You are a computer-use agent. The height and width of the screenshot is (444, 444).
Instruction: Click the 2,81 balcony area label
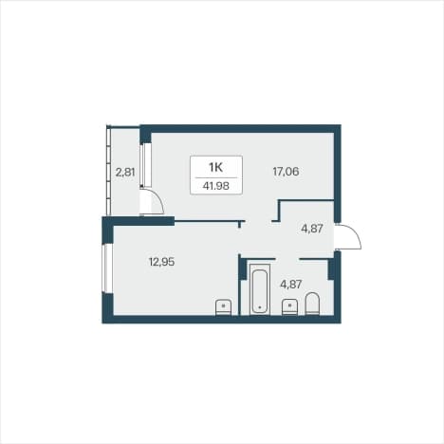pyautogui.click(x=125, y=173)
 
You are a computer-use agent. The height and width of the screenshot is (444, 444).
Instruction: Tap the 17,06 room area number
pyautogui.click(x=286, y=172)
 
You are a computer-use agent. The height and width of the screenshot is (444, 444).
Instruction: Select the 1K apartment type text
pyautogui.click(x=216, y=167)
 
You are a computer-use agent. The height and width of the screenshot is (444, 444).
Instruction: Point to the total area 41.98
pyautogui.click(x=216, y=186)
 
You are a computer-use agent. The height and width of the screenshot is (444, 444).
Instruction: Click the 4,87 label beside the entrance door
pyautogui.click(x=312, y=229)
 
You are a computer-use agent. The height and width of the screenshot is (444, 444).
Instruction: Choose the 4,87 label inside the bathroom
pyautogui.click(x=291, y=284)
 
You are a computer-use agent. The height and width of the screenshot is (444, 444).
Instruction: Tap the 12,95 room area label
pyautogui.click(x=161, y=262)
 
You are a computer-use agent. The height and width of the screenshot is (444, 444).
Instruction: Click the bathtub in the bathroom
pyautogui.click(x=260, y=289)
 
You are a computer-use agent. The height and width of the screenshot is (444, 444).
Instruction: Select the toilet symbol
pyautogui.click(x=313, y=304)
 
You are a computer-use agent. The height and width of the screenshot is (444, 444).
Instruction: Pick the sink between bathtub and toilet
pyautogui.click(x=289, y=307)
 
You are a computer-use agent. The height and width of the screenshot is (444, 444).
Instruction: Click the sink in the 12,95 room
pyautogui.click(x=223, y=307)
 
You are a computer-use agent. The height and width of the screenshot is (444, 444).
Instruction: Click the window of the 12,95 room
pyautogui.click(x=106, y=268)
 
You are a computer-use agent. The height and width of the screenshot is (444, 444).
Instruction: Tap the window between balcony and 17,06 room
pyautogui.click(x=146, y=165)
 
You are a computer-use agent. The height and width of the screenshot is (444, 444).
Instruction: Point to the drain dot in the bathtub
pyautogui.click(x=260, y=307)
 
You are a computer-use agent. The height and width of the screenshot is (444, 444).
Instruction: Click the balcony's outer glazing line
pyautogui.click(x=108, y=170)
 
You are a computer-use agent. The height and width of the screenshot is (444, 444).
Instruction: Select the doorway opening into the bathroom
pyautogui.click(x=287, y=259)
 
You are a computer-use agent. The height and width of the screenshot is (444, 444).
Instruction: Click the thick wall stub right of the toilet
pyautogui.click(x=331, y=269)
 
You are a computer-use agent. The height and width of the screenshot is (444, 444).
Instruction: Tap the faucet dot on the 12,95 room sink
pyautogui.click(x=224, y=305)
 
